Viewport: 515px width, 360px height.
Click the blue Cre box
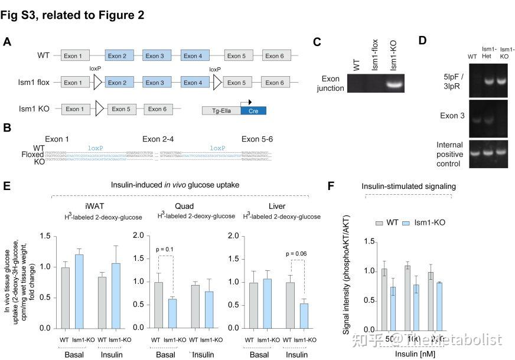pos(253,110)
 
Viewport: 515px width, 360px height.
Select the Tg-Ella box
pos(221,110)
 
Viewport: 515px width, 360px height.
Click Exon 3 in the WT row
pos(155,56)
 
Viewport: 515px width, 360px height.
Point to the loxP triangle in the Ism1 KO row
pos(99,109)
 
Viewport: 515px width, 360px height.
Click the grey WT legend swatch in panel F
pos(380,222)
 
